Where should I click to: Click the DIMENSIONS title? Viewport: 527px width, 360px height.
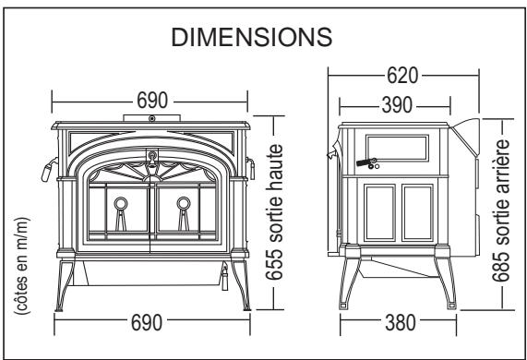coord(252,37)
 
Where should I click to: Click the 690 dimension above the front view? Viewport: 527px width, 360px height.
coord(152,101)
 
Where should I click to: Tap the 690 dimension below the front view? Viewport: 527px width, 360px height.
coord(147,322)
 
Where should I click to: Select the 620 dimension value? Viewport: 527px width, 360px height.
coord(402,76)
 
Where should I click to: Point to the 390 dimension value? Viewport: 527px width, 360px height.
coord(397,105)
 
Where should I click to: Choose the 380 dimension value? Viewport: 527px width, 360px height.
coord(401,323)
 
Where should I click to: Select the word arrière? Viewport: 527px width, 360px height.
coord(502,162)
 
